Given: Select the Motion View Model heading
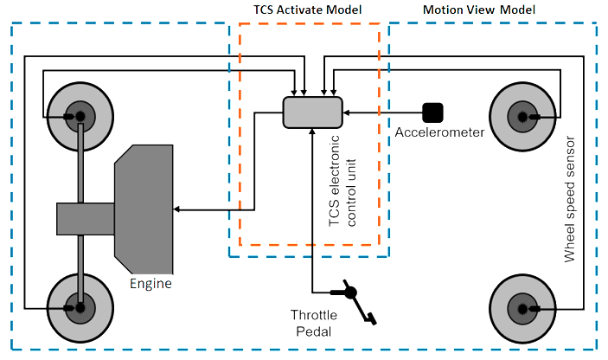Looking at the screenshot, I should (x=479, y=10).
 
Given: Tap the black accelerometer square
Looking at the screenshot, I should (x=432, y=112).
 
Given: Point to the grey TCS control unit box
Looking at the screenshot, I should (x=312, y=114).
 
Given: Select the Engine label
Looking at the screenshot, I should (x=150, y=283).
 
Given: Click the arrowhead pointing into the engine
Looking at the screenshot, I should (x=178, y=209).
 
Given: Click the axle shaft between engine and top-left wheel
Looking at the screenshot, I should (x=80, y=164).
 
